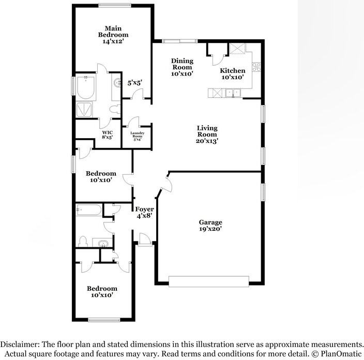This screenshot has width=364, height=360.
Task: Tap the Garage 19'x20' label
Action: [x=210, y=225]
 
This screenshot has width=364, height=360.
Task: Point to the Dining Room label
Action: [x=182, y=67]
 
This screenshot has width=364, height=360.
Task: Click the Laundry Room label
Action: [x=137, y=136]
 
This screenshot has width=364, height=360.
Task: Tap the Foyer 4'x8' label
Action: [x=145, y=213]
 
